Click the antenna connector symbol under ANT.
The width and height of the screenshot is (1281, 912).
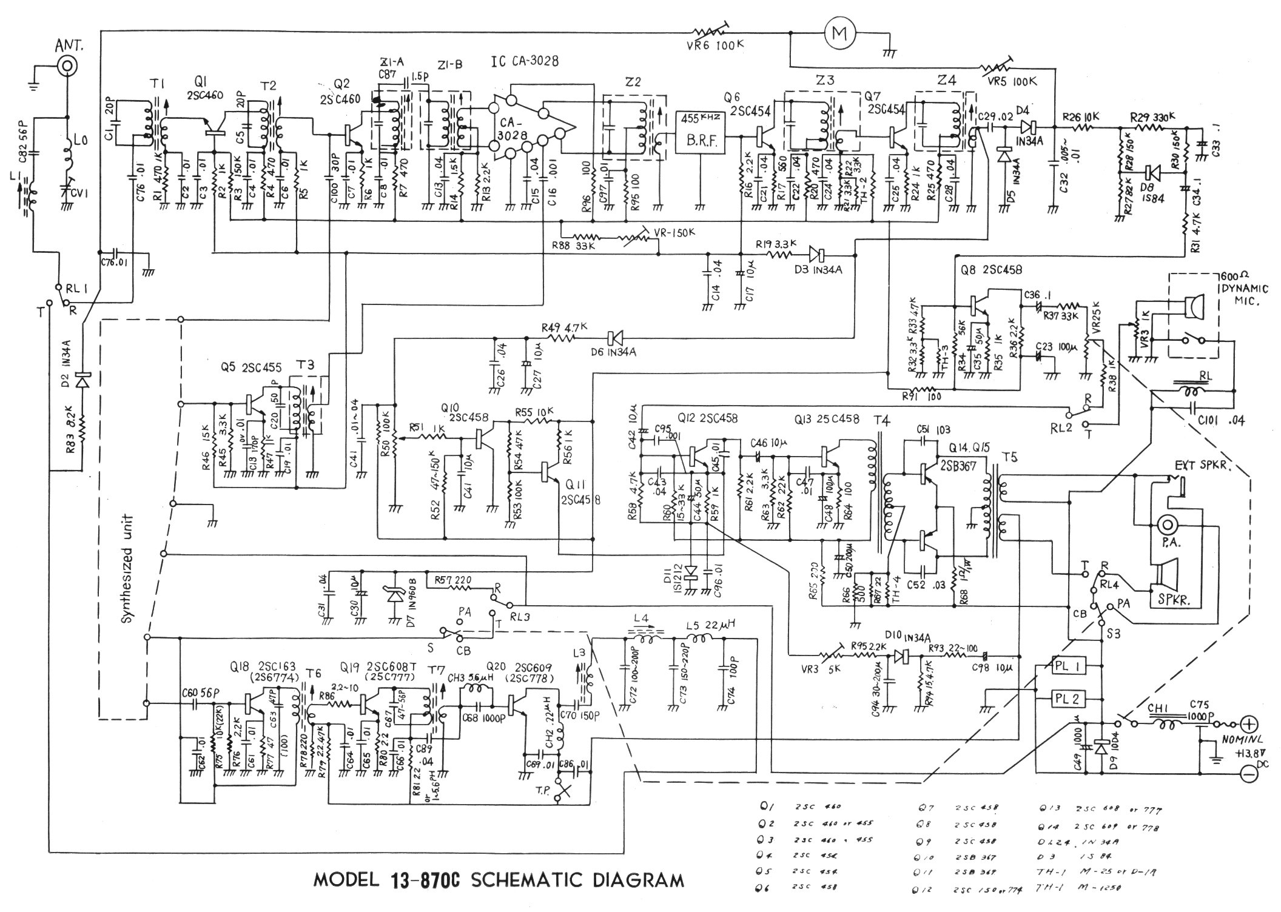click(x=67, y=65)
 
